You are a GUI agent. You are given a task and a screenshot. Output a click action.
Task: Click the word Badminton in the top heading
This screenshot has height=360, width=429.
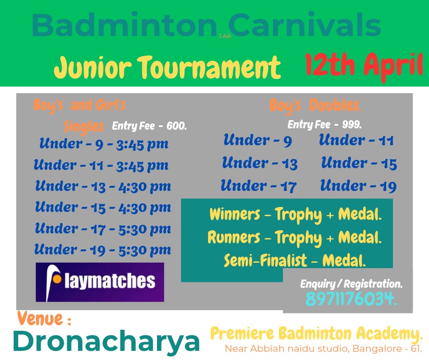click(x=125, y=25)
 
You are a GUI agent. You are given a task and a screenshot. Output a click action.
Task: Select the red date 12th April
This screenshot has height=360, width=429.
click(x=364, y=66)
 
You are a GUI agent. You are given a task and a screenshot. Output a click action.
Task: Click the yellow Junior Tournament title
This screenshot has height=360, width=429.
click(x=167, y=68)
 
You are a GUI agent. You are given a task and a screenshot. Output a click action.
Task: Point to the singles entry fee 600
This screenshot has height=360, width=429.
click(x=149, y=126)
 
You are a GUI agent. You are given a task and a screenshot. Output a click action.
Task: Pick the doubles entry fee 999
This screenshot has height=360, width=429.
click(x=324, y=125)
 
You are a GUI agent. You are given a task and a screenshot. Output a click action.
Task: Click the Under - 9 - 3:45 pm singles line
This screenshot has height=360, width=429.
click(x=104, y=144)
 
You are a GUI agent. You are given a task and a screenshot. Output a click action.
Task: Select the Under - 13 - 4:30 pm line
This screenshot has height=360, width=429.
click(x=103, y=186)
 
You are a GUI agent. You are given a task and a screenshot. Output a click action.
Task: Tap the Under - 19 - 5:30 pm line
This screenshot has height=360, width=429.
click(x=103, y=250)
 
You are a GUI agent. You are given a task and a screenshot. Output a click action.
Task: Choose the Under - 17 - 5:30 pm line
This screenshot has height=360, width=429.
click(x=103, y=229)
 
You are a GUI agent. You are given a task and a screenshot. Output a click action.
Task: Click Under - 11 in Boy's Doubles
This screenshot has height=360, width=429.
click(x=356, y=140)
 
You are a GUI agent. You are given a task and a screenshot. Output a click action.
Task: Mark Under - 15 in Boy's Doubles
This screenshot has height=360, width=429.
click(x=359, y=163)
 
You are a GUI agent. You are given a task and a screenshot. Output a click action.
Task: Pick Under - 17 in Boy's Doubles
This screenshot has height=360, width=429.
click(x=259, y=186)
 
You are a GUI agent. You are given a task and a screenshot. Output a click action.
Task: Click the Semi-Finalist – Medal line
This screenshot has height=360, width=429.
click(x=295, y=260)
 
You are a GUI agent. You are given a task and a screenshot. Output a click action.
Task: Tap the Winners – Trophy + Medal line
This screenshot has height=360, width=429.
click(x=295, y=215)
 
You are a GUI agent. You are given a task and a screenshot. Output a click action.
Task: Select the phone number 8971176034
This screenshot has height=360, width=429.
click(x=351, y=299)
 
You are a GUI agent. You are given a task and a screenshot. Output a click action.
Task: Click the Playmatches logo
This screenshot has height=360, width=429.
click(x=100, y=282)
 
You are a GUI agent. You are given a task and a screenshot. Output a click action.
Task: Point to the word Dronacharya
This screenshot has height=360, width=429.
click(x=106, y=341)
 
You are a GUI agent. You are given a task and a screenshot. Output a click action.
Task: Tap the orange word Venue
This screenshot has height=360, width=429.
click(x=44, y=318)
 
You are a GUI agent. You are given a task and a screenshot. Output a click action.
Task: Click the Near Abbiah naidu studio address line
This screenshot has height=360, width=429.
click(x=323, y=349)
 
